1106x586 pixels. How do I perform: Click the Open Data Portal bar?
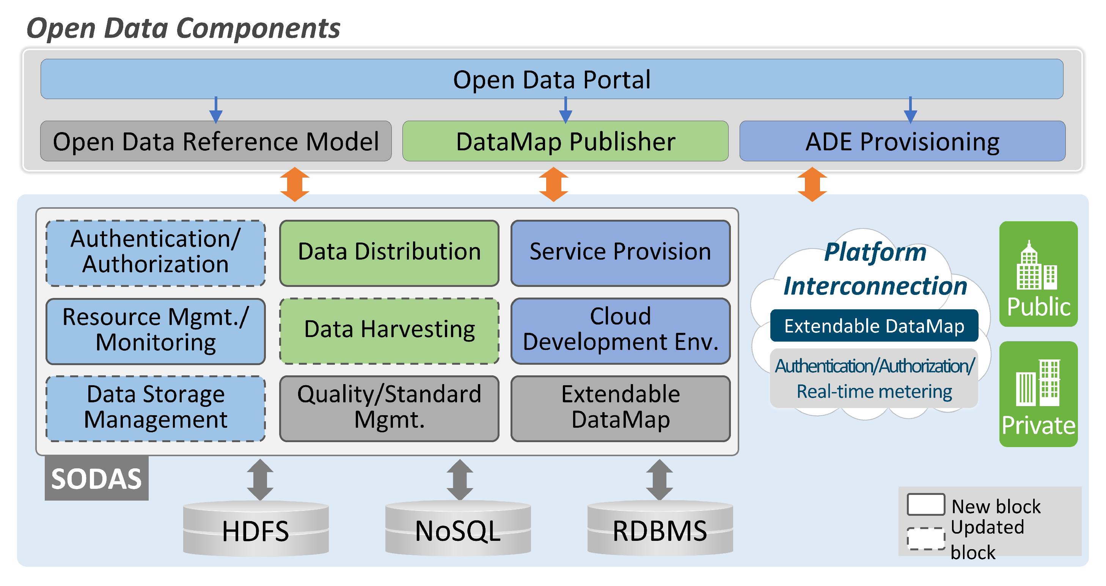pyautogui.click(x=552, y=79)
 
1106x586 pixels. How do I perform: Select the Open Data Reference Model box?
pyautogui.click(x=215, y=141)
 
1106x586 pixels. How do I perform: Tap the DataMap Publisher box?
pyautogui.click(x=565, y=141)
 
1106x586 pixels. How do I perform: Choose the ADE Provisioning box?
pyautogui.click(x=902, y=141)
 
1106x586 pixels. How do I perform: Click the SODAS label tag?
pyautogui.click(x=97, y=478)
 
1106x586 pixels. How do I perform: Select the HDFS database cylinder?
pyautogui.click(x=256, y=530)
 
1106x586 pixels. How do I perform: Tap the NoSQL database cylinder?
pyautogui.click(x=458, y=530)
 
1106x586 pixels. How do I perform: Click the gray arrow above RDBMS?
pyautogui.click(x=660, y=479)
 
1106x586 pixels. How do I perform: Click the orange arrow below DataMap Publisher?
pyautogui.click(x=553, y=184)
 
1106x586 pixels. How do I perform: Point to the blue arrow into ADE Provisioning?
pyautogui.click(x=910, y=111)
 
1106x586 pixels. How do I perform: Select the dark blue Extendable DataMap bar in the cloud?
pyautogui.click(x=874, y=326)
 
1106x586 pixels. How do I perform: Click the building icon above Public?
pyautogui.click(x=1037, y=266)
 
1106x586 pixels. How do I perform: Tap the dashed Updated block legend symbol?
pyautogui.click(x=926, y=539)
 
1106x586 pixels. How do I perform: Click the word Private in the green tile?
pyautogui.click(x=1038, y=426)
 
